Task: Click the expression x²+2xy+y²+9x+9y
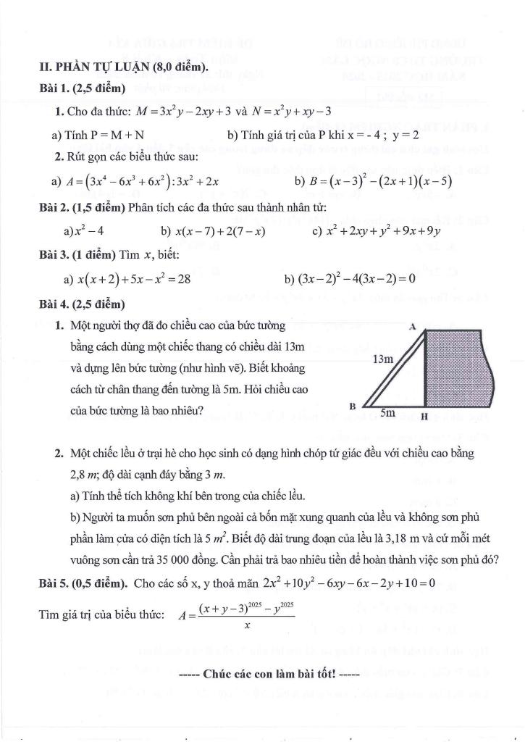383,232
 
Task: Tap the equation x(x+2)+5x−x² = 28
134,278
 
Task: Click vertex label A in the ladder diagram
411,327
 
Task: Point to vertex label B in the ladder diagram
352,406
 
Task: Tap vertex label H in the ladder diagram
424,417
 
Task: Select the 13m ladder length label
383,359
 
